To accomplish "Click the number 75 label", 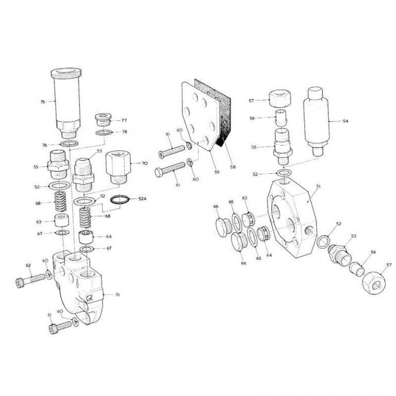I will (x=43, y=102).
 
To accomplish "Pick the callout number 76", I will (x=44, y=145).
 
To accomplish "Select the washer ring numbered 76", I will (x=68, y=143).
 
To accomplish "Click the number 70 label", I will (x=145, y=163).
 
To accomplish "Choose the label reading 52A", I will (x=143, y=199).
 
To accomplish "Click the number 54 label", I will (x=345, y=121).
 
